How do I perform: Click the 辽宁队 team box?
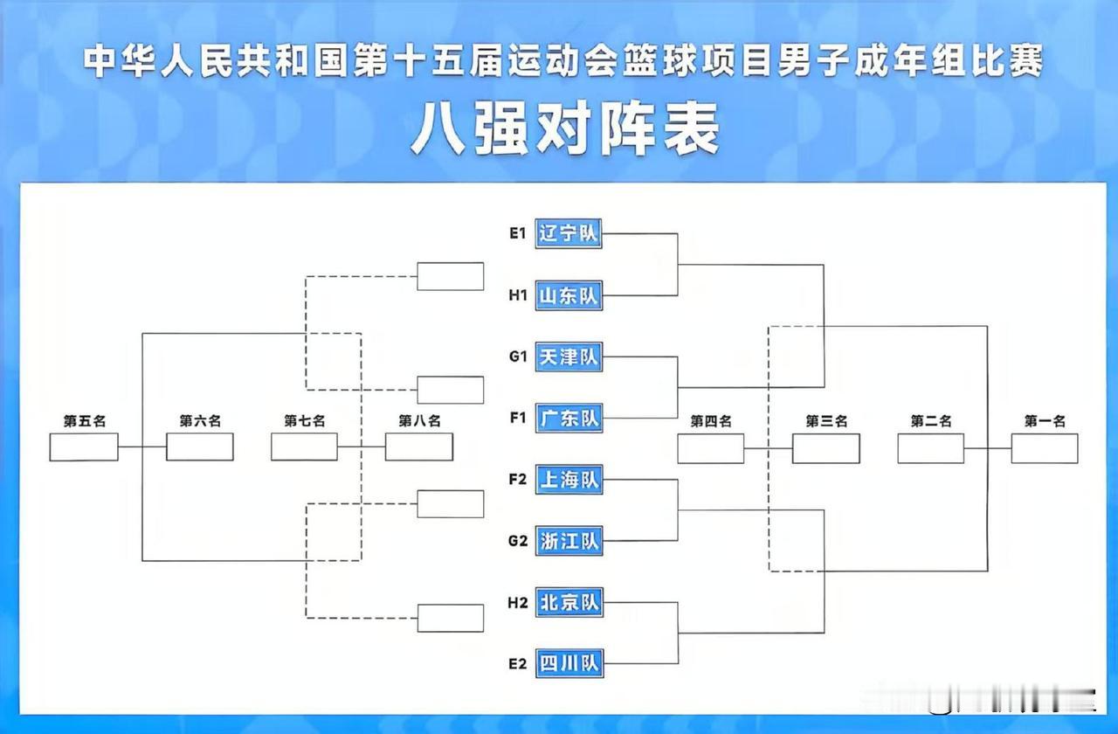point(568,234)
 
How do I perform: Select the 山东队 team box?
point(568,296)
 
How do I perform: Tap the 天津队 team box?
point(568,357)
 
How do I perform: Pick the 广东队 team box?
point(568,419)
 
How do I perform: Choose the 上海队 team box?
point(568,479)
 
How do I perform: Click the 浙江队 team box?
point(568,541)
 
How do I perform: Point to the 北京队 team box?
point(568,602)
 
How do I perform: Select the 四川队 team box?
point(568,663)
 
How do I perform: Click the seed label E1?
point(517,234)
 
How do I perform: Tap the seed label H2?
point(517,602)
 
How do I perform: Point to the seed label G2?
point(517,541)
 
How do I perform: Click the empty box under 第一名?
point(1045,448)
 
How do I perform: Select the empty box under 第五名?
point(84,447)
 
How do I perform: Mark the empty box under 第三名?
point(825,448)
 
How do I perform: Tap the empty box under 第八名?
point(419,447)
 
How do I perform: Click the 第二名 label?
point(931,421)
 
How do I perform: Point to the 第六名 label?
point(200,420)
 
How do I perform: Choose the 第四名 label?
point(711,421)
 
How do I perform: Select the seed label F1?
point(517,419)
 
